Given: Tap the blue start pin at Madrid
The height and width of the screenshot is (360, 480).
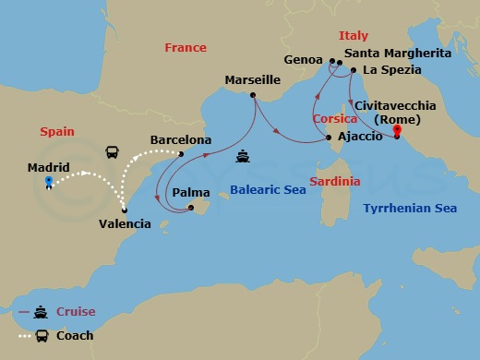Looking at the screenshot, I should (x=48, y=181).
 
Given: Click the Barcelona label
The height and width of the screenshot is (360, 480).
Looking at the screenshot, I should (x=181, y=140).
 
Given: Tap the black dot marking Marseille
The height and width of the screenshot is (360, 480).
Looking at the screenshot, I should (x=252, y=94).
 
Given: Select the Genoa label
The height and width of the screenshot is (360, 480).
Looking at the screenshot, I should (x=305, y=59).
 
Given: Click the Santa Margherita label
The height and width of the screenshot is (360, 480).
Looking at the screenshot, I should (x=397, y=54).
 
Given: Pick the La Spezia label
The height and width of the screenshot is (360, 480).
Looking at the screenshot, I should (x=392, y=69).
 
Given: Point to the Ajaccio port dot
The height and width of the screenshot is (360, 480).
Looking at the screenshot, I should (x=329, y=138).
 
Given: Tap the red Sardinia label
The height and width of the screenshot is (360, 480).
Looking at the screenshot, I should (x=334, y=182).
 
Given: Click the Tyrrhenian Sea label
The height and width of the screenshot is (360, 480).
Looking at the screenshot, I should (x=410, y=209).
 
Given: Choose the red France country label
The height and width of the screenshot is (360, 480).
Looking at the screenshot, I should (x=185, y=47).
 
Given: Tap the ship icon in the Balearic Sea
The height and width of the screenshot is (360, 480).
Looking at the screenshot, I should (x=242, y=156).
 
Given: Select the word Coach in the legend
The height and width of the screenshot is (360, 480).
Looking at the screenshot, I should (x=75, y=335).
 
